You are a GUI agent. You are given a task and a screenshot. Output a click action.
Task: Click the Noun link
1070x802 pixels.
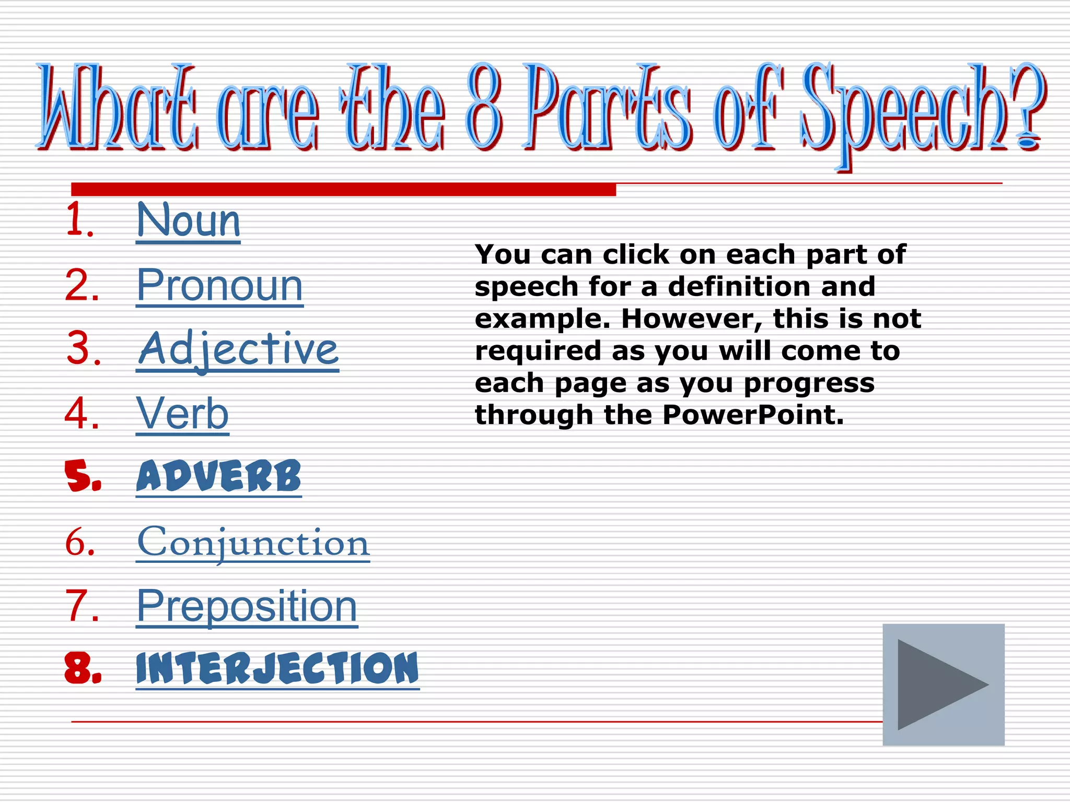[x=188, y=221]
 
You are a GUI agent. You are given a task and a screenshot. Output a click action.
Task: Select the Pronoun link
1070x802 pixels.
[x=219, y=286]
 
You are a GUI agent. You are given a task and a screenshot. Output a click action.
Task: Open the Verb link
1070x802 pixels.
[x=182, y=414]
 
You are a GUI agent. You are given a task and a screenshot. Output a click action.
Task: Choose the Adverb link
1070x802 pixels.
[x=218, y=476]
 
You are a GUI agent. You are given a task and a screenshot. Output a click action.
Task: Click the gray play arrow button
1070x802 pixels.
[x=943, y=685]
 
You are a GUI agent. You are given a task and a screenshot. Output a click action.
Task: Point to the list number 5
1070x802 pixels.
[x=83, y=476]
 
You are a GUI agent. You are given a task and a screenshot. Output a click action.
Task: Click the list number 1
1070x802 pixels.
[x=79, y=221]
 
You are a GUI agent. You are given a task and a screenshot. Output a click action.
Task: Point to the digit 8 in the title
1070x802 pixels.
[x=484, y=107]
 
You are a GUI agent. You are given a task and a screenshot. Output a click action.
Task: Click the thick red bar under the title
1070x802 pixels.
[x=343, y=189]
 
